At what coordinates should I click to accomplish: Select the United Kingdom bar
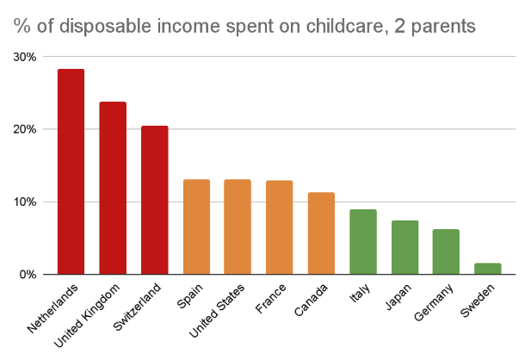(113, 189)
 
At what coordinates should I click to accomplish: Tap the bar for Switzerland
(154, 201)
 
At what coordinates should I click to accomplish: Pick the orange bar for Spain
(196, 227)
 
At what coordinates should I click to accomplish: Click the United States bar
(238, 227)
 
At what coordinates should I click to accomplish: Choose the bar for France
(279, 228)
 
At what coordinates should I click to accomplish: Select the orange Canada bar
(321, 233)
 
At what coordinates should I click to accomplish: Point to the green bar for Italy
(362, 242)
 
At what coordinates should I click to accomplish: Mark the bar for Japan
(404, 248)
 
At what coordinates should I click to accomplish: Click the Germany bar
(446, 252)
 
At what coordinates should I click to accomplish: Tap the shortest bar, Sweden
(487, 269)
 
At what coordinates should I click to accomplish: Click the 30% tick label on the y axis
(23, 57)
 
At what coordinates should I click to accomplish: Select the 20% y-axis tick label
(23, 129)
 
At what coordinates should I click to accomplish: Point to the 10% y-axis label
(23, 202)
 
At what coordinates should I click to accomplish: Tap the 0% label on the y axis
(27, 275)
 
